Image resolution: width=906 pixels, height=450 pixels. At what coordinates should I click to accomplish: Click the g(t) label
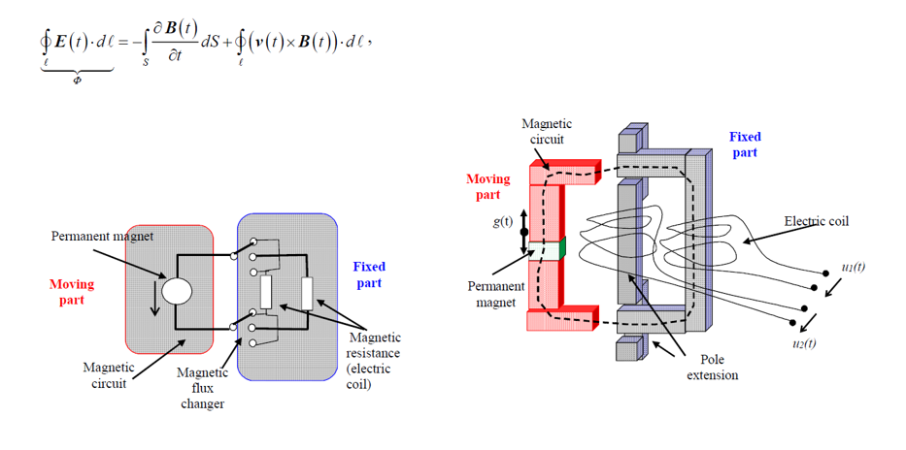(503, 221)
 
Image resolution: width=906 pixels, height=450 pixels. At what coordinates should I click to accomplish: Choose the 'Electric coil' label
(816, 221)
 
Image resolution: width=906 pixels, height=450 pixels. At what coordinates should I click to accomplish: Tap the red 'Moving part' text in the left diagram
(72, 292)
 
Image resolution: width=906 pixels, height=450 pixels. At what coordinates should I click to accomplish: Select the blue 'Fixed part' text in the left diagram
(368, 274)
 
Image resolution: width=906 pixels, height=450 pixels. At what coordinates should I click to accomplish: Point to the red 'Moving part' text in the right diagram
(487, 187)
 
